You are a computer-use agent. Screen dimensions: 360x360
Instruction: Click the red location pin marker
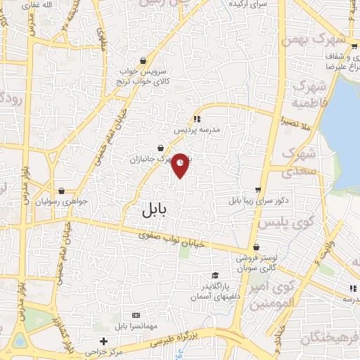click(181, 163)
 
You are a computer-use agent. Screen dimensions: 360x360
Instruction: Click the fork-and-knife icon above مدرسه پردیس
click(197, 119)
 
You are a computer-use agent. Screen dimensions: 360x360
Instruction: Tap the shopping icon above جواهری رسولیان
click(62, 191)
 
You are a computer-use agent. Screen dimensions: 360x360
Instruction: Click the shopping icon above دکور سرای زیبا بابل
click(258, 189)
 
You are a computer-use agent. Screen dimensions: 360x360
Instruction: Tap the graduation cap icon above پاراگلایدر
click(215, 275)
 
